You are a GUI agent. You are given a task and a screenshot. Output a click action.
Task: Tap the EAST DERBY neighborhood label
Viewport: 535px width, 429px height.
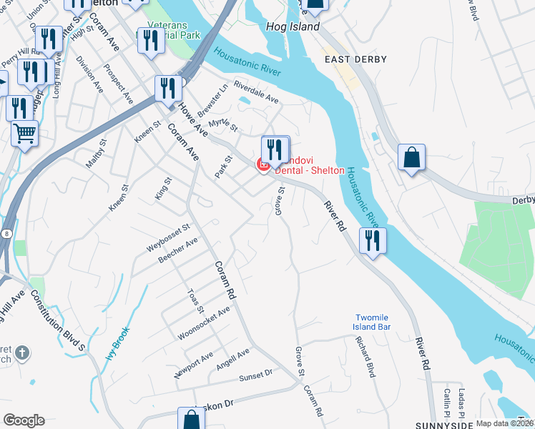[355, 59]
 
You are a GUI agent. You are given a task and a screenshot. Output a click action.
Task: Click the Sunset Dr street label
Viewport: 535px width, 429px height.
[256, 373]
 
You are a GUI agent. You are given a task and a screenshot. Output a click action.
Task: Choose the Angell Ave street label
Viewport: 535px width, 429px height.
[233, 358]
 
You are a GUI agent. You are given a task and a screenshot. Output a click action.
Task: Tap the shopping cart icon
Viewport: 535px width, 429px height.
[24, 133]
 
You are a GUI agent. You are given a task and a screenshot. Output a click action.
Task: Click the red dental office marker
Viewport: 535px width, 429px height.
[263, 165]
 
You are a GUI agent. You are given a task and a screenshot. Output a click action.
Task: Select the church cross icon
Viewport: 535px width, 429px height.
[23, 353]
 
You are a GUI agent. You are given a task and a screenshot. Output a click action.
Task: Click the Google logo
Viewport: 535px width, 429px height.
[24, 420]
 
